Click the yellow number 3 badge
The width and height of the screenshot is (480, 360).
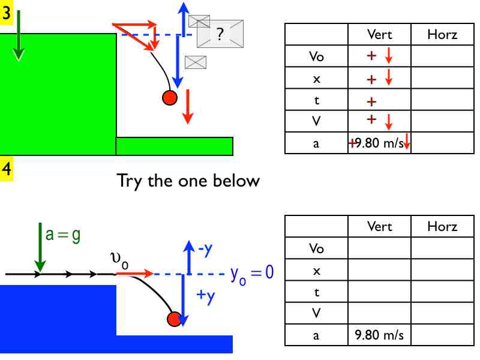tap(6, 13)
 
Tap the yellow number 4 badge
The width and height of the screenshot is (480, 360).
tap(6, 169)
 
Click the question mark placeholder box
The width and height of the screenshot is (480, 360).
tap(220, 34)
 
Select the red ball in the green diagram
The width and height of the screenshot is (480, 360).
tap(170, 98)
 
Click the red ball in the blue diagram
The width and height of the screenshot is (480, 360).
tap(175, 319)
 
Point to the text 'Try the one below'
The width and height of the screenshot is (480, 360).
tap(188, 181)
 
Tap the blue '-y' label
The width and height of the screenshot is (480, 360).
tap(205, 250)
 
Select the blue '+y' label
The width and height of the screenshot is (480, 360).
tap(206, 296)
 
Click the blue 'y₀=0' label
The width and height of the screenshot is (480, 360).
tap(251, 274)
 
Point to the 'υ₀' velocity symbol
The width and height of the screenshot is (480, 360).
tap(119, 260)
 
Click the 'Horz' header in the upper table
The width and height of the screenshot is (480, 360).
tap(442, 35)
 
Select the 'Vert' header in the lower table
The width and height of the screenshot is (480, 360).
tap(380, 227)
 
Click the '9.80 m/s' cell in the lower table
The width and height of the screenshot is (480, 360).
tap(379, 335)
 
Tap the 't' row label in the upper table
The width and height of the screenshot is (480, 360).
tap(317, 100)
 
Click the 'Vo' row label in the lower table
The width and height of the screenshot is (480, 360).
tap(317, 248)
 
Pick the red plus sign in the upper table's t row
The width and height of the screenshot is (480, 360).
tap(371, 101)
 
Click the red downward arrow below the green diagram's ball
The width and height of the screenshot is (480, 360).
tap(188, 107)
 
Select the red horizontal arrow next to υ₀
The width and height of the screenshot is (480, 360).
tap(134, 273)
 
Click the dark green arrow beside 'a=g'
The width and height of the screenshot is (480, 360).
tap(40, 247)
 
